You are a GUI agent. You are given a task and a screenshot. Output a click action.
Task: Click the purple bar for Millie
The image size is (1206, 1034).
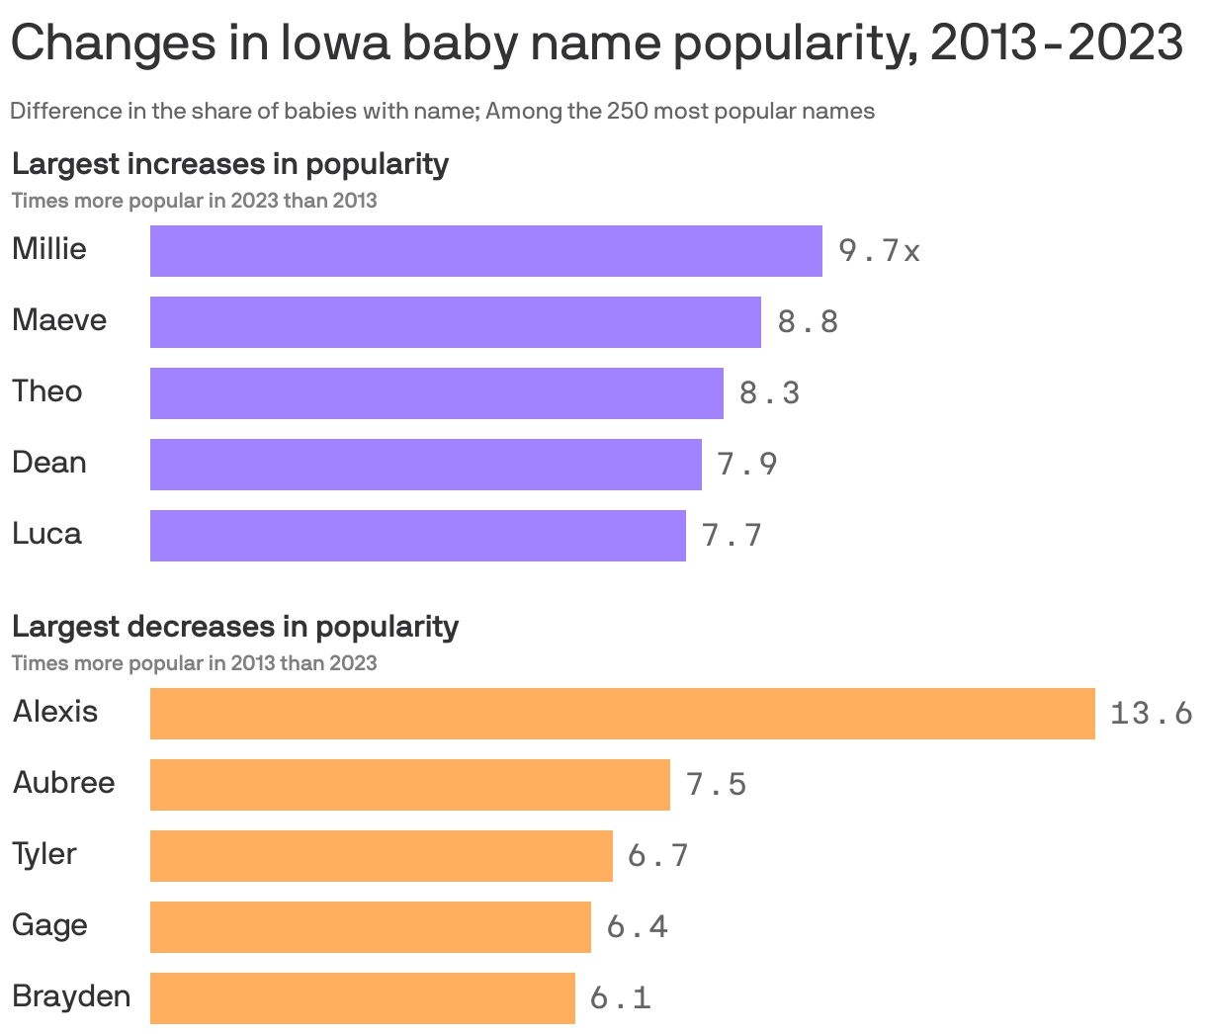485,251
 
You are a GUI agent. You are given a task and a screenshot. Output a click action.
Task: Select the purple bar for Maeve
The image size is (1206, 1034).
455,322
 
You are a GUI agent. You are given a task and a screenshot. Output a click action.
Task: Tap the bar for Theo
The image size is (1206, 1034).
436,393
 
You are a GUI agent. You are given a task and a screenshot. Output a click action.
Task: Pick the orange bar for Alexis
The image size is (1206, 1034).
622,714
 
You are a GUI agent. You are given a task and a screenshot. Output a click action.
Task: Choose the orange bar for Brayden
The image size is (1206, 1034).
362,998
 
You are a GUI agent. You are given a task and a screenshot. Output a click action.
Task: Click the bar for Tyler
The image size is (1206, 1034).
381,856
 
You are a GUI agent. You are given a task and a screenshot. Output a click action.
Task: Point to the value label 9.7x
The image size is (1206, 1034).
879,251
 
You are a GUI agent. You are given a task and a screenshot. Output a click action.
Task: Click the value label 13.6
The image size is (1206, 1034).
1151,714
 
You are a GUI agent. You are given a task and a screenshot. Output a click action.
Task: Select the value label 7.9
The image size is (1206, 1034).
747,465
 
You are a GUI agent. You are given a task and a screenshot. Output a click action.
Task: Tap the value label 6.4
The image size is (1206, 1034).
638,927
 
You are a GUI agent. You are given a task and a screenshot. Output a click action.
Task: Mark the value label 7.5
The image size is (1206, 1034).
717,785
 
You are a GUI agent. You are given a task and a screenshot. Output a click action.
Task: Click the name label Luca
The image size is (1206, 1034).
46,534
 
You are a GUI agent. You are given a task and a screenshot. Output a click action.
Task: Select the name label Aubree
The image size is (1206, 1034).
64,783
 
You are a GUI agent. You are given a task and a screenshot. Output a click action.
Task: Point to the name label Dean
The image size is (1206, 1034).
49,463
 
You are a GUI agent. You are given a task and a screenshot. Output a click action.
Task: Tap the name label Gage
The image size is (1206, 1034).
49,925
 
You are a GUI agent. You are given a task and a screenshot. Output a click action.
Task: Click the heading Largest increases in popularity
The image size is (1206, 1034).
230,163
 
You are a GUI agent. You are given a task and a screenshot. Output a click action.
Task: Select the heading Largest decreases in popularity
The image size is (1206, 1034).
235,626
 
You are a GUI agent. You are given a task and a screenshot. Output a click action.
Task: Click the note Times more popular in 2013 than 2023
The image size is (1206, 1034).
194,662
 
